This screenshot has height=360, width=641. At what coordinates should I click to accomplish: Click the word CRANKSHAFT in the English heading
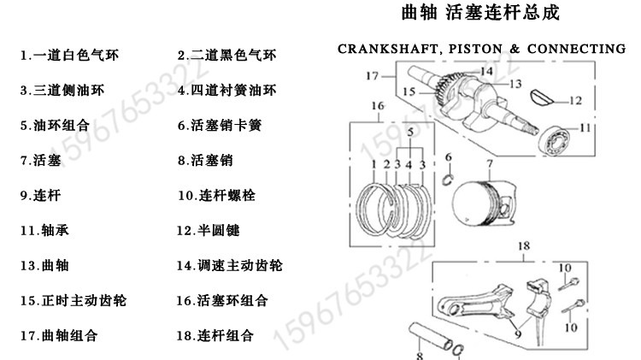click(x=387, y=49)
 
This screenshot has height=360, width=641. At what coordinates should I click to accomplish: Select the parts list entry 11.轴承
click(x=44, y=230)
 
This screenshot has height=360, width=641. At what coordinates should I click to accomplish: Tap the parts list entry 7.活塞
click(x=40, y=160)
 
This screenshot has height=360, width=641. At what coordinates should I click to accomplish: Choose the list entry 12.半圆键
click(x=208, y=230)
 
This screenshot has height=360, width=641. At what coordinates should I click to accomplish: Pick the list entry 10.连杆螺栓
click(x=216, y=195)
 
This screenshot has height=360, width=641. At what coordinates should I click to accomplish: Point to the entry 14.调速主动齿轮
click(x=229, y=265)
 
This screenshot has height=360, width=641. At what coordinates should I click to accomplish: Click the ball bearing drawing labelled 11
click(x=556, y=140)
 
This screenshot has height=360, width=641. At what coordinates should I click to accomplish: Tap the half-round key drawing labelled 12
click(x=541, y=97)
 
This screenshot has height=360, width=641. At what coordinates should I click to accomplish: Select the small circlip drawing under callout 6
click(x=449, y=180)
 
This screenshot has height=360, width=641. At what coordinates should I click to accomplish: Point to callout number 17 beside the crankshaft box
click(x=372, y=76)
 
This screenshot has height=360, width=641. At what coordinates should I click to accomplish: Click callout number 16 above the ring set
click(x=378, y=106)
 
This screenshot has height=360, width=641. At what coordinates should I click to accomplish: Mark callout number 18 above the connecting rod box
click(x=524, y=246)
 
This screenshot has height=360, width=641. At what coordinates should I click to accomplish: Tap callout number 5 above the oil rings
click(x=410, y=132)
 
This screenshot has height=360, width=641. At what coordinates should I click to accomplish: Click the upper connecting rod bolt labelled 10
click(x=568, y=284)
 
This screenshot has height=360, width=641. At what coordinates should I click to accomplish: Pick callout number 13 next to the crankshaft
click(x=515, y=84)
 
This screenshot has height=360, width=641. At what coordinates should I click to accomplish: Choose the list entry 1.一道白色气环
click(x=69, y=55)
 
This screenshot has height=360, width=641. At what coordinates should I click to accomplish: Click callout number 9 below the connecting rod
click(x=518, y=334)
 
